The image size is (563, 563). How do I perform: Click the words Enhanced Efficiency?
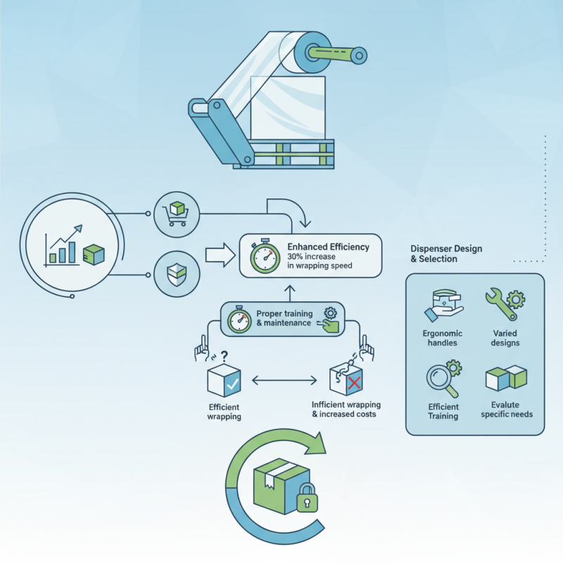(329, 247)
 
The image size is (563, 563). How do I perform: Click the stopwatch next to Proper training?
(239, 321)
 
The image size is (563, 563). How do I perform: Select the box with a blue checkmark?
(224, 380)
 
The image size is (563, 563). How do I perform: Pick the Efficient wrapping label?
(224, 412)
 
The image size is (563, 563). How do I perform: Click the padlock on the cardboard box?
(307, 501)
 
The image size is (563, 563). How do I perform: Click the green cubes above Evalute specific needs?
(507, 379)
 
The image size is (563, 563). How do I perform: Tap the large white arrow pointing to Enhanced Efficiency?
(219, 255)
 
